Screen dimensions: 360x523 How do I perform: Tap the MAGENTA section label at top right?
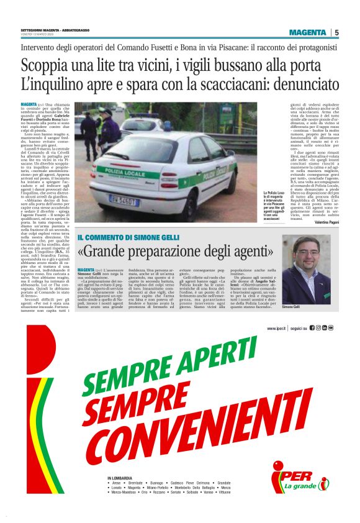[x=307, y=32]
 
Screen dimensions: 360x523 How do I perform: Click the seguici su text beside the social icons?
[x=300, y=328]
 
